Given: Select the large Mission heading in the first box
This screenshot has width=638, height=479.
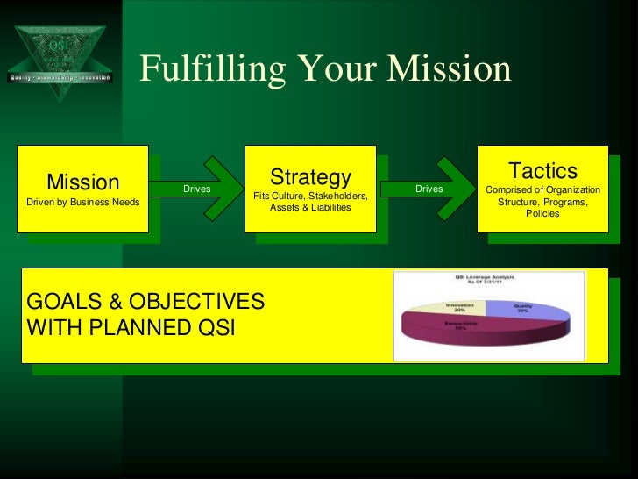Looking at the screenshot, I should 82,182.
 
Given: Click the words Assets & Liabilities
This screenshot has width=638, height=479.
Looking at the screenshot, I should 310,208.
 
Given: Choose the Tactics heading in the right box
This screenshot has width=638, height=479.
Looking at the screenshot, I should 542,170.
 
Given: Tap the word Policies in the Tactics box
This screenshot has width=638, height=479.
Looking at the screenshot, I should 542,213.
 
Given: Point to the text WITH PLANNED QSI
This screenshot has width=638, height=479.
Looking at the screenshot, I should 131,329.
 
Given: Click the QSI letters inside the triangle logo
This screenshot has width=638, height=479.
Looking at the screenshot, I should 59,44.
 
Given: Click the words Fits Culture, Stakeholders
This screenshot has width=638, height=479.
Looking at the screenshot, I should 310,196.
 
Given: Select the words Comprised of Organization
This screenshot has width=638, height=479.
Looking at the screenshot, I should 542,190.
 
